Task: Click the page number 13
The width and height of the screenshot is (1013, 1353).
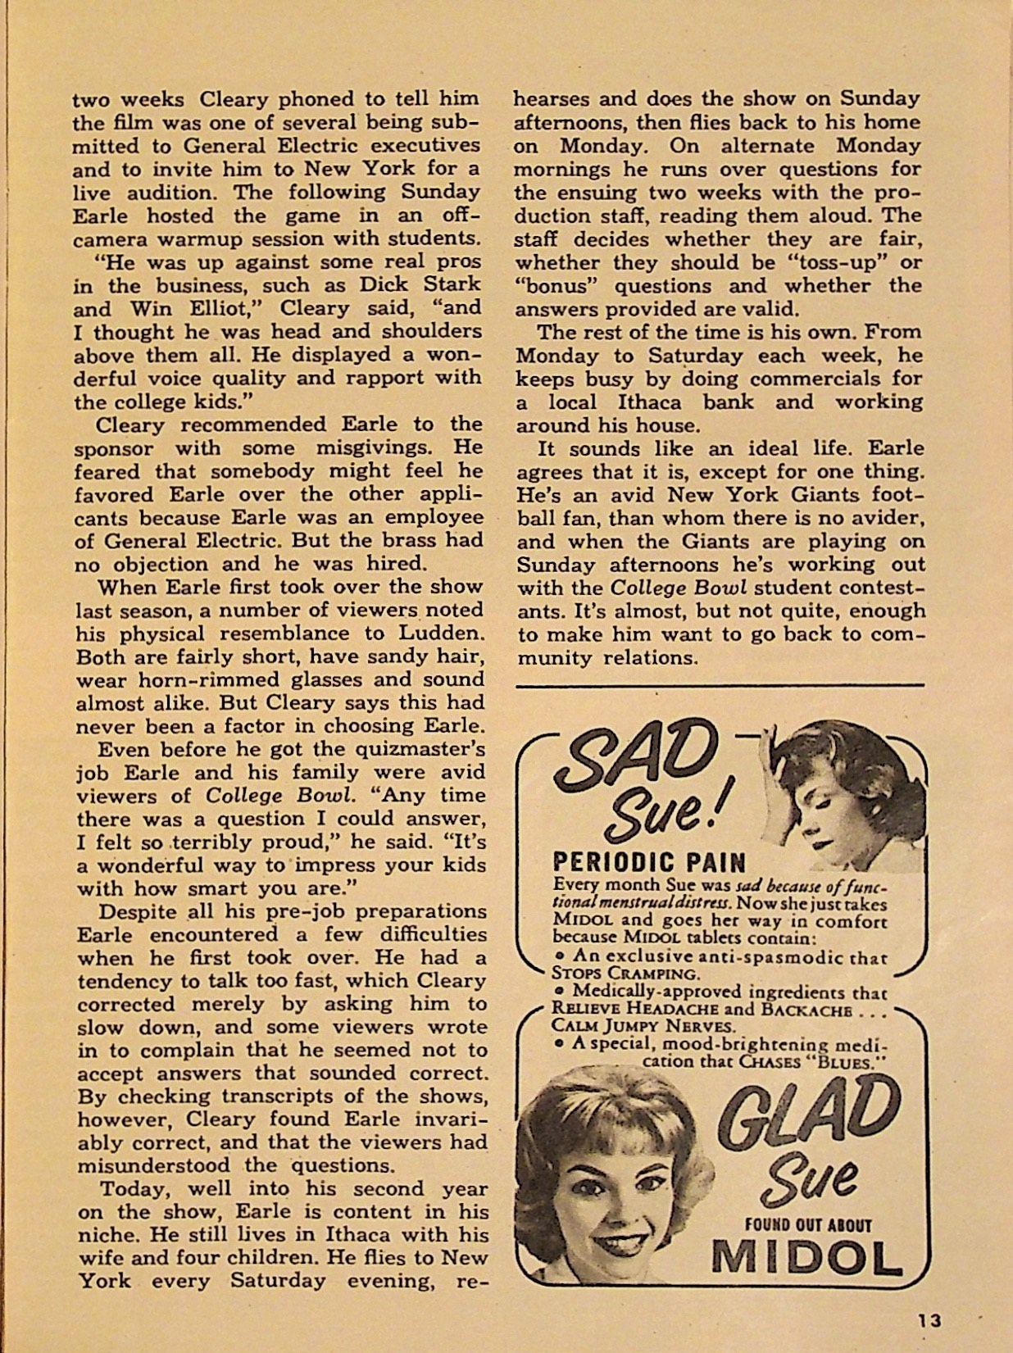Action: tap(929, 1320)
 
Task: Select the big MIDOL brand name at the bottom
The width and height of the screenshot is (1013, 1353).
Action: tap(806, 1259)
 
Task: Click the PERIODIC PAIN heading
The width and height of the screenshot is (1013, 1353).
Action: tap(649, 862)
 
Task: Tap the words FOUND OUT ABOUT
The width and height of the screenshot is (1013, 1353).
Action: tap(807, 1225)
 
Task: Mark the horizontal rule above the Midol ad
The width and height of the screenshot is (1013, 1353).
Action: tap(720, 684)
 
